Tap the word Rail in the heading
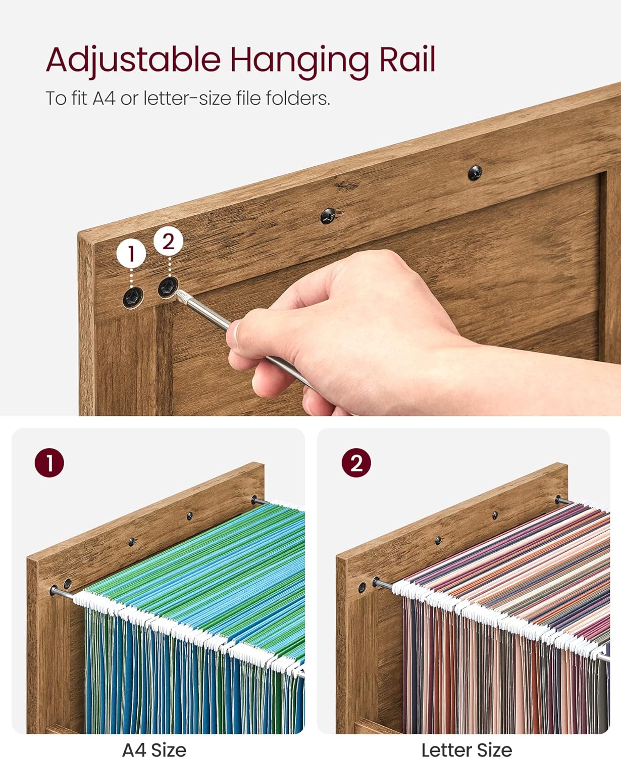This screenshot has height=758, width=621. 407,59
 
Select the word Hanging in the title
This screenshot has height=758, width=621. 299,62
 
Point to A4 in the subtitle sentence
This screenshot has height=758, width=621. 104,98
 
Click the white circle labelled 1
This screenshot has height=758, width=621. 131,254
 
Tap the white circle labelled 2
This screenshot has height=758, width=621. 169,241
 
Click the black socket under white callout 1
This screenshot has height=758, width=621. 133,298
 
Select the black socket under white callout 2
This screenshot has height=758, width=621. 168,288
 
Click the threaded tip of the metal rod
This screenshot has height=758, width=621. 182,297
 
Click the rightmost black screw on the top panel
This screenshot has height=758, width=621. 475,173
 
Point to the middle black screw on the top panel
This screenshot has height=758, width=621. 328,216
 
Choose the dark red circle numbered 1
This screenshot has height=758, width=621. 49,462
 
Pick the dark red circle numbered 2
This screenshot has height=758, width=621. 356,462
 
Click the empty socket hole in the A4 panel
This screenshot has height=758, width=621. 67,583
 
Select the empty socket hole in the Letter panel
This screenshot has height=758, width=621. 362,588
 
